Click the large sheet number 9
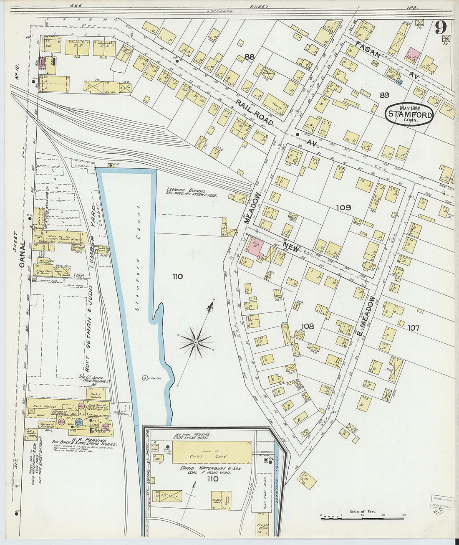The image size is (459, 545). tap(440, 28)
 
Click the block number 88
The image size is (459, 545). tap(250, 57)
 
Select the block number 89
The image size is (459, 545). tap(384, 95)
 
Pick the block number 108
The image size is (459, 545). tap(308, 326)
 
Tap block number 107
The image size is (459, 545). tap(414, 328)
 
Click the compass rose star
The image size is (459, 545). tap(195, 342)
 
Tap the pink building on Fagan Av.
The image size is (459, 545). tap(413, 55)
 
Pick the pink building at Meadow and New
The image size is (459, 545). tap(255, 246)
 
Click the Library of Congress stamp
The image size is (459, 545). tap(443, 502)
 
